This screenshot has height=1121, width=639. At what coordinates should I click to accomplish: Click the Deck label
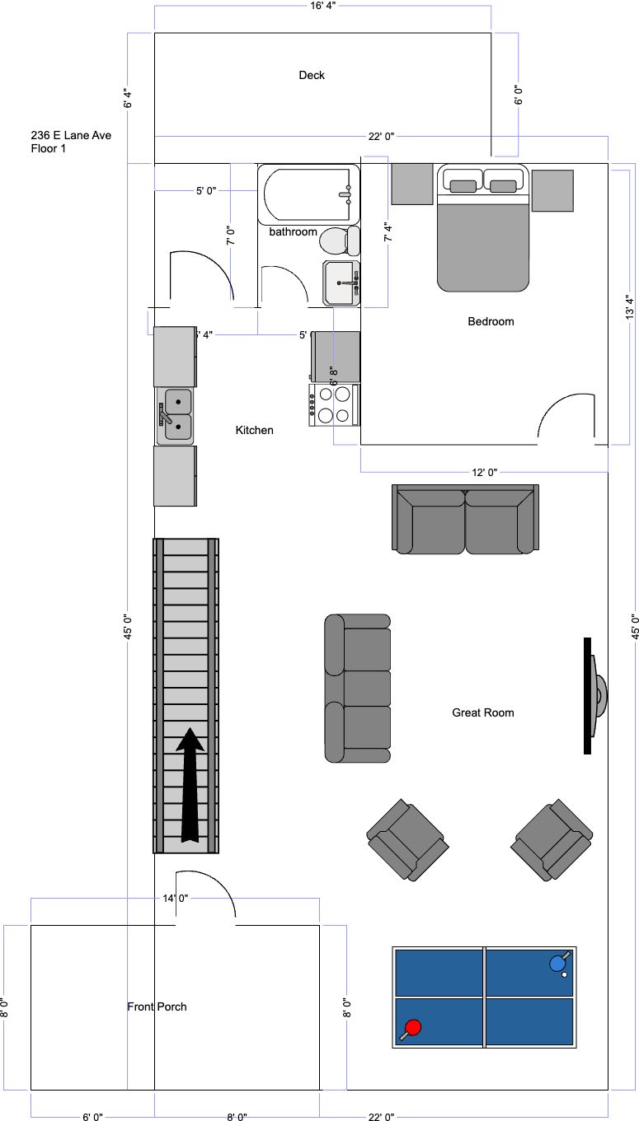pos(312,75)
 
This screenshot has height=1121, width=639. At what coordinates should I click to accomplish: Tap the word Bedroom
pos(491,321)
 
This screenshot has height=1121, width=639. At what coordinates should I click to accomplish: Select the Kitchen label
pos(255,430)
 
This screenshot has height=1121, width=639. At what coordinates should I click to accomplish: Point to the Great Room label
pos(483,712)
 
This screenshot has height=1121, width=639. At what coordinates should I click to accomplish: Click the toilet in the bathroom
pos(340,241)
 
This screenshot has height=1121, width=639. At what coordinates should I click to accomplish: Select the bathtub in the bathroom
pos(308,194)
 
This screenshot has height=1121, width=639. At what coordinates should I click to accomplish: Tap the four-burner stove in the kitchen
pos(334,405)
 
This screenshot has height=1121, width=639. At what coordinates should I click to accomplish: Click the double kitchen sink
pos(175,416)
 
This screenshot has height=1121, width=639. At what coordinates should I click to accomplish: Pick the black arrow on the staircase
pos(190,785)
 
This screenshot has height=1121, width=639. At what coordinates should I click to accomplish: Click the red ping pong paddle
pos(411,1029)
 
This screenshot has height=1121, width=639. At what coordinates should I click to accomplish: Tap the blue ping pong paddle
pos(559,962)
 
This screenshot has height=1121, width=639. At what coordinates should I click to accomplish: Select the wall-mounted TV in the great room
pos(594,696)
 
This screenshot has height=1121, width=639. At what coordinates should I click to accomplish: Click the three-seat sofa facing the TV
pos(357,688)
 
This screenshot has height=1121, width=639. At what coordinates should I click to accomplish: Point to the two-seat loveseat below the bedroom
pos(465,519)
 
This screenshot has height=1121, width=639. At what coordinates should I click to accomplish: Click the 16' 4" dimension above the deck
pos(323,6)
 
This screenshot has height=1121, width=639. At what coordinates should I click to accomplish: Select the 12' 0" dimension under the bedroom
pos(484,472)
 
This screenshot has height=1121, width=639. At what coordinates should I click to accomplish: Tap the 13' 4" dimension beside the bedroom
pos(629,307)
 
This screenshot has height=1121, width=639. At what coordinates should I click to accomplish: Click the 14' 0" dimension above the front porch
pos(176,899)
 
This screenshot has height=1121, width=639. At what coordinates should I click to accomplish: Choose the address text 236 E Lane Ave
pos(71,135)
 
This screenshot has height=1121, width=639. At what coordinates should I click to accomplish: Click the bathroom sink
pos(341,283)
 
